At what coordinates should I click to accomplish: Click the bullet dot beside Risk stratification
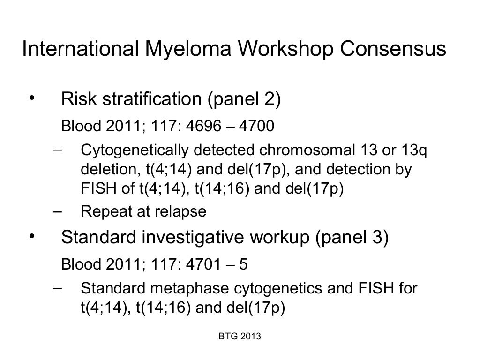32,97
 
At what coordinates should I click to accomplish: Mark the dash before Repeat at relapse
57,211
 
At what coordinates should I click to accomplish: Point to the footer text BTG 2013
240,337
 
